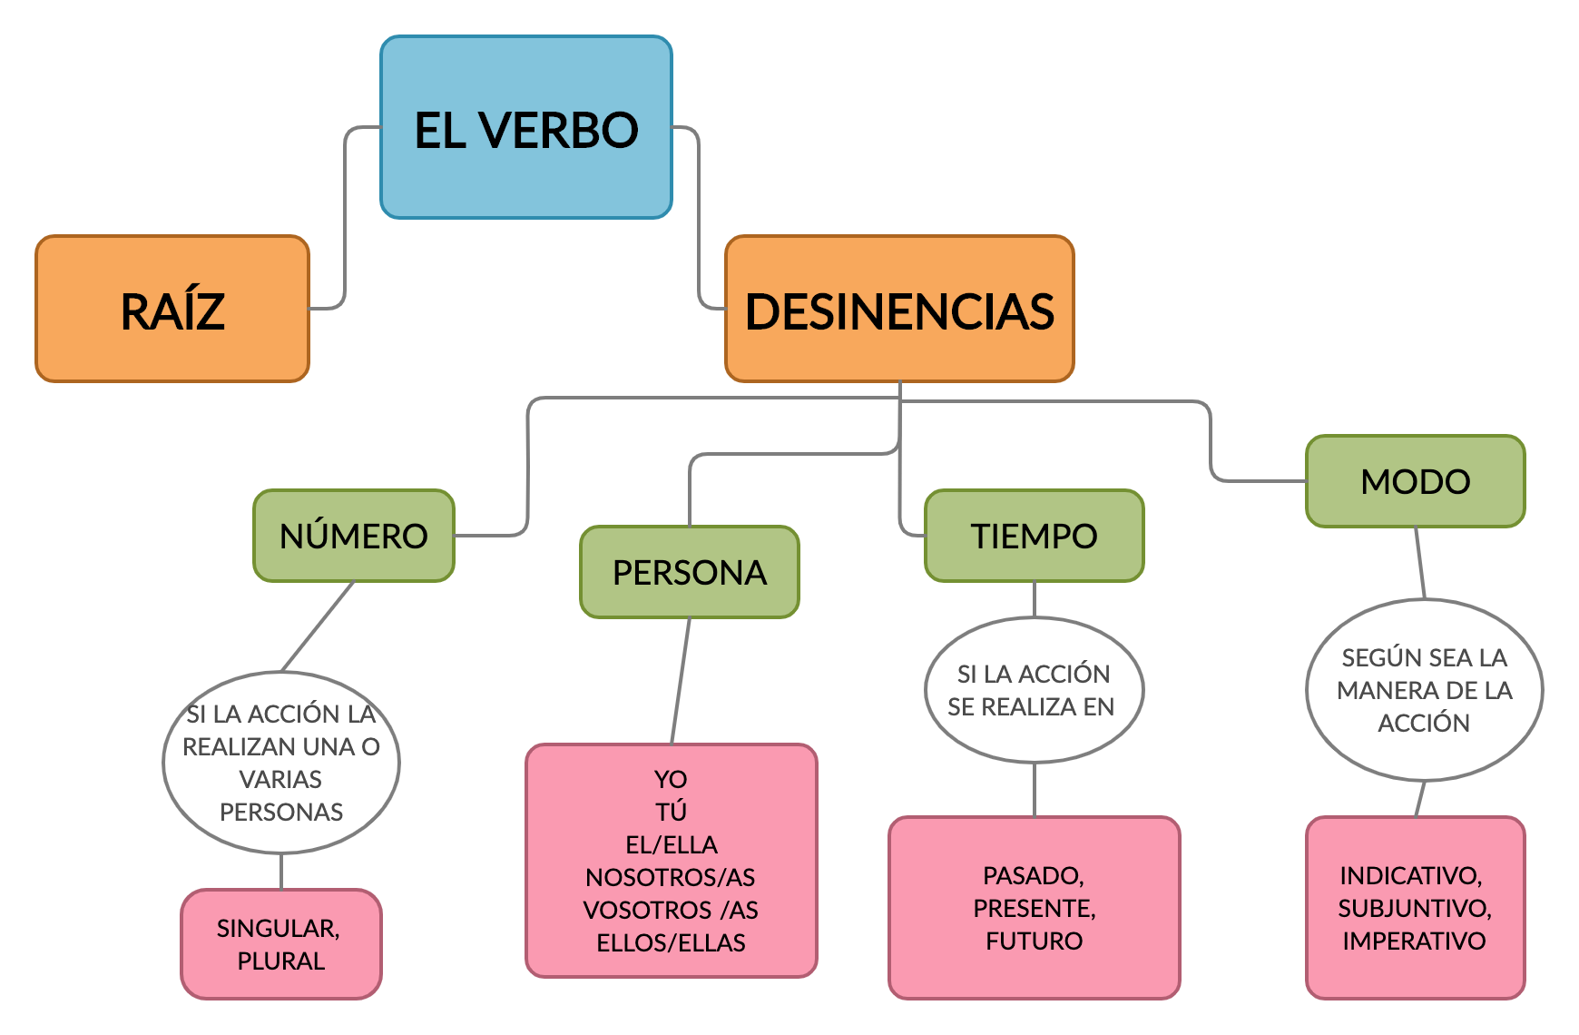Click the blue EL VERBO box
point(526,128)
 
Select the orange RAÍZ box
point(172,310)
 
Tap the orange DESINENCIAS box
point(899,310)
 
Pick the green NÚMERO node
point(354,536)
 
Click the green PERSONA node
point(690,572)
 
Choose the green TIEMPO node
point(1035,536)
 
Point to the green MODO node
point(1416,481)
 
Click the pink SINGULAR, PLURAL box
point(281,944)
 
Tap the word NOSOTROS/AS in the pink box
point(671,877)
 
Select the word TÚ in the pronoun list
point(671,812)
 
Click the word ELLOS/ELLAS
point(671,942)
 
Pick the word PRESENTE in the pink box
point(1034,908)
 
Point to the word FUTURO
point(1034,941)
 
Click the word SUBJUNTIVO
point(1414,908)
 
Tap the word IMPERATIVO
point(1414,941)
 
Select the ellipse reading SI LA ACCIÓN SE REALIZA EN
point(1034,690)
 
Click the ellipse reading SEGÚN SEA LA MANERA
point(1424,690)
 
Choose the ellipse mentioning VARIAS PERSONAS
point(281,763)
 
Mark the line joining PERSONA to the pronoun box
point(681,681)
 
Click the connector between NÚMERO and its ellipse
point(318,626)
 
